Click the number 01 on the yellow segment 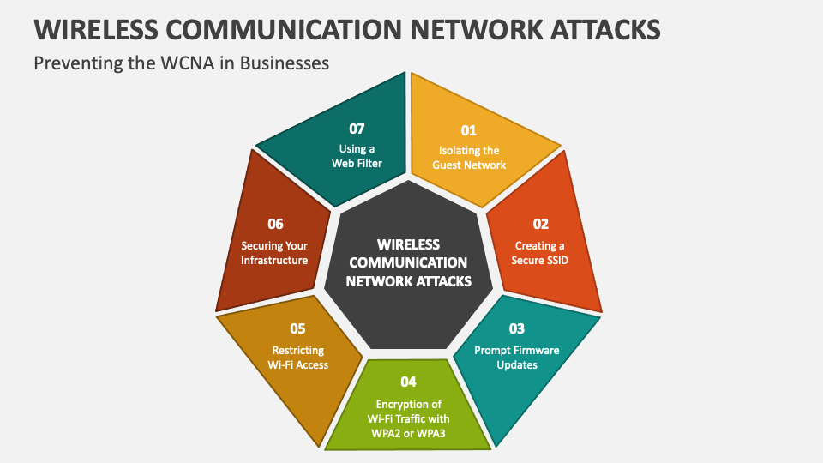click(x=468, y=130)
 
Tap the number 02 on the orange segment click(x=540, y=225)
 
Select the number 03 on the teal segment click(x=517, y=328)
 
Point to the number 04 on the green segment click(x=408, y=382)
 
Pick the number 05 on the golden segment click(x=297, y=328)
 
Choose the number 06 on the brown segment click(x=274, y=225)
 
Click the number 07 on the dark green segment click(x=357, y=129)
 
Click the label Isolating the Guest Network click(x=468, y=158)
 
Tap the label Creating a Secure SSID click(x=540, y=252)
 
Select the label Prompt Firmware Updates click(x=517, y=357)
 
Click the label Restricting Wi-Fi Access click(x=297, y=357)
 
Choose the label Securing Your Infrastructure click(x=274, y=252)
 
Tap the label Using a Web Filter click(x=357, y=155)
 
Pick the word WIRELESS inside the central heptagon click(x=408, y=244)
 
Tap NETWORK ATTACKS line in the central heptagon click(x=408, y=281)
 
